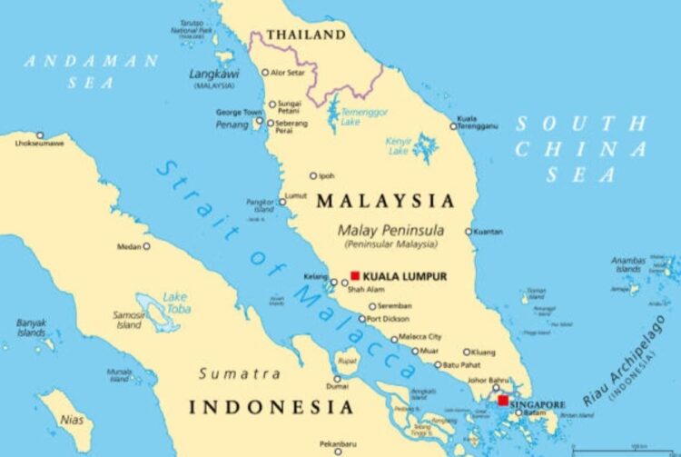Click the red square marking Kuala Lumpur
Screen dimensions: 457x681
tap(355, 275)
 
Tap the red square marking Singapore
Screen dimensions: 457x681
tap(502, 400)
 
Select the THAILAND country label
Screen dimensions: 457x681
tap(305, 35)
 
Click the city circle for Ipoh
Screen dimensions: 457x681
tap(313, 176)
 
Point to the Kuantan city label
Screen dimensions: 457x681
tap(489, 232)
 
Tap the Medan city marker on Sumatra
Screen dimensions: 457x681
tap(146, 245)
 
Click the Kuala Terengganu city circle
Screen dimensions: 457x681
tap(454, 126)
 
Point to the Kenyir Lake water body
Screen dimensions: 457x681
tap(424, 145)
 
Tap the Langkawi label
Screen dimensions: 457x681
tap(213, 72)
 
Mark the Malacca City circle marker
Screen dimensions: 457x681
tap(392, 337)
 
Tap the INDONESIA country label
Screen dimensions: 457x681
tap(271, 407)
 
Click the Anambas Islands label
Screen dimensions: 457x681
tap(628, 264)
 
